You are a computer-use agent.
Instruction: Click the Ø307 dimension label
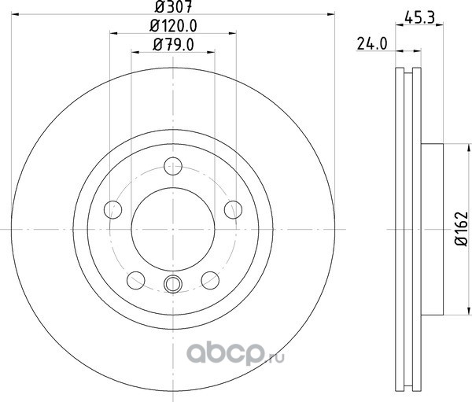pos(173,7)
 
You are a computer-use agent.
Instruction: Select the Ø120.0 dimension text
pos(173,26)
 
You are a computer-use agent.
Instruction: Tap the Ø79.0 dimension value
pos(173,45)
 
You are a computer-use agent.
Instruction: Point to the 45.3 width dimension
pos(419,17)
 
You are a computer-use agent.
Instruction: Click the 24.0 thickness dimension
pos(372,44)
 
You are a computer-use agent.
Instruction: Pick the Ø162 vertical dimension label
pos(462,229)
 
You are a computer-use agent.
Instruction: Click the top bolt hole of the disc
pos(173,166)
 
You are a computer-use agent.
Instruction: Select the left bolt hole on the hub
pos(112,209)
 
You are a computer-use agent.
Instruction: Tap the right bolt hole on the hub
pos(234,209)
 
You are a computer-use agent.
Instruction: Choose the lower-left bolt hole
pos(136,280)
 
